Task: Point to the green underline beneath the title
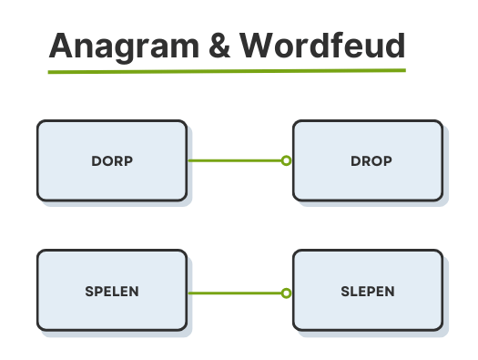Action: (x=227, y=70)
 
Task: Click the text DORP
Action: (x=113, y=161)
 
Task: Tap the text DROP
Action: (x=371, y=161)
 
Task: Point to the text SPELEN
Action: (x=113, y=292)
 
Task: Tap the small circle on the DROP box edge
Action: (x=286, y=161)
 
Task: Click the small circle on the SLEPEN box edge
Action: (x=286, y=293)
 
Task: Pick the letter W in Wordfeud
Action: (x=258, y=45)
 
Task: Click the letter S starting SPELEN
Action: (x=88, y=292)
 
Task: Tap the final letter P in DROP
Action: (x=388, y=161)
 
